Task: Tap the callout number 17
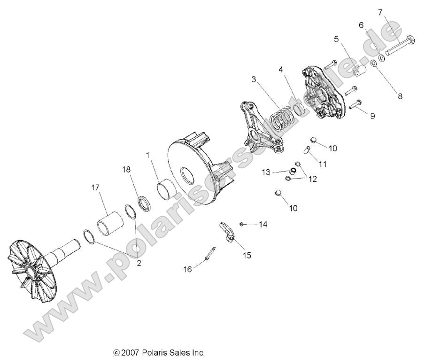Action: pos(95,188)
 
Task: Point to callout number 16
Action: pos(187,269)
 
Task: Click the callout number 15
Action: pos(247,255)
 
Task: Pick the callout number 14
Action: pos(262,225)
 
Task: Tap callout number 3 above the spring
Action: pos(254,79)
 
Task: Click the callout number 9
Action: pos(372,116)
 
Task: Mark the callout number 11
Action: pos(323,164)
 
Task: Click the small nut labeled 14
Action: pos(241,224)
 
